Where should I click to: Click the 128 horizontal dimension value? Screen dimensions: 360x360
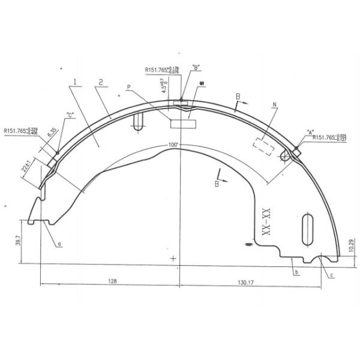[112, 280]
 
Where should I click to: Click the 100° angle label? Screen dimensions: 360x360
[174, 145]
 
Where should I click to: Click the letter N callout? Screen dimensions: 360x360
[274, 105]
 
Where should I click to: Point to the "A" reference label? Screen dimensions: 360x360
[310, 131]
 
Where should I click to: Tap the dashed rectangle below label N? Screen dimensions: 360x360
[265, 146]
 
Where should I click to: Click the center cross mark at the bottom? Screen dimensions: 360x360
[173, 259]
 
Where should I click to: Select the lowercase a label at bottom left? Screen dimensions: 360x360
[59, 244]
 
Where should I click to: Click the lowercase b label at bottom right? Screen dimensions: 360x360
[296, 273]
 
